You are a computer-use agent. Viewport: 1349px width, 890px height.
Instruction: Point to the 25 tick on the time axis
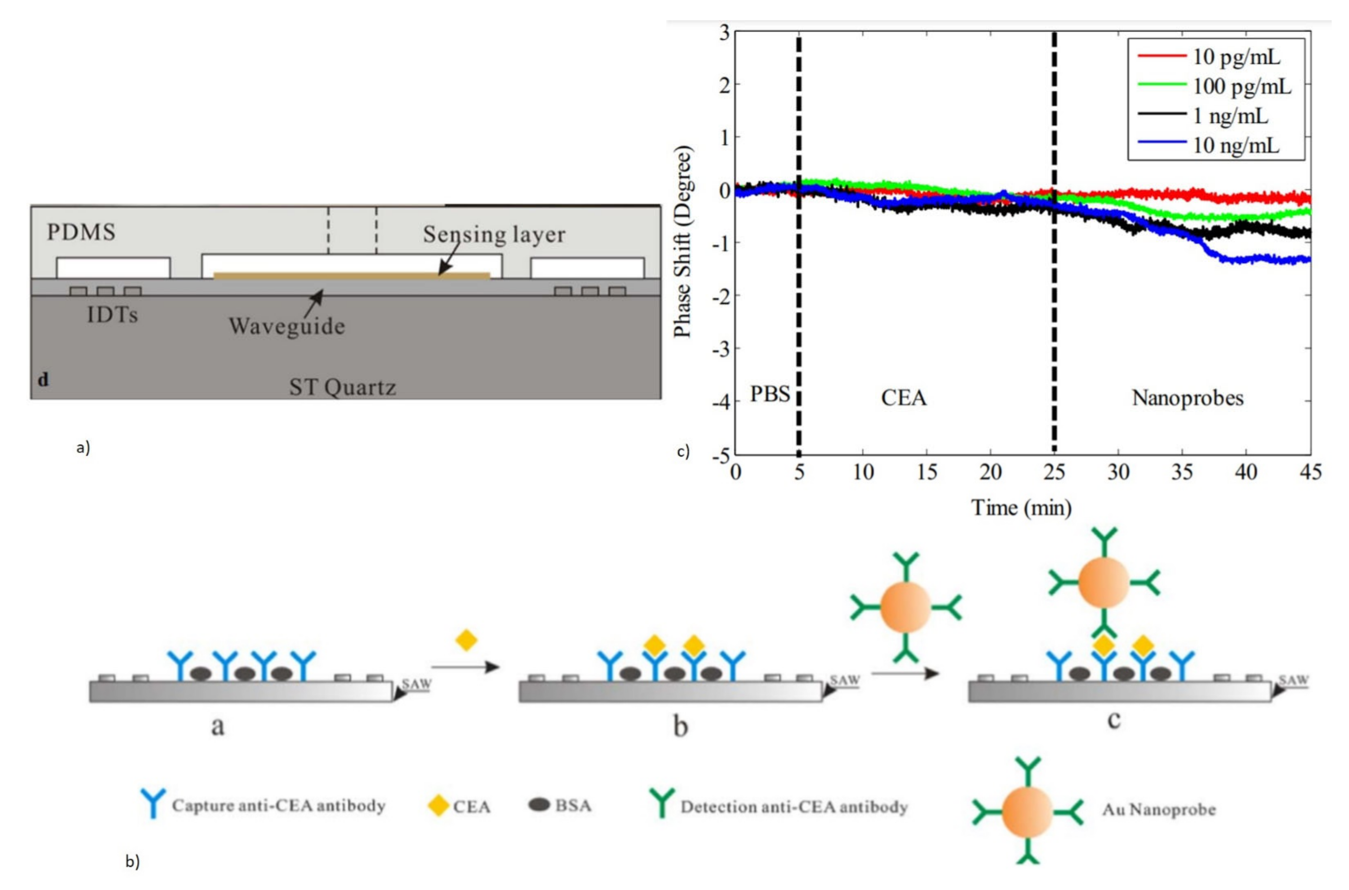[1054, 472]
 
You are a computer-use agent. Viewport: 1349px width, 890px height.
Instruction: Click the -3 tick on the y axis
[721, 347]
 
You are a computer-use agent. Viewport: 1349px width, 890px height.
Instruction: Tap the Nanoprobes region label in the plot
[1188, 398]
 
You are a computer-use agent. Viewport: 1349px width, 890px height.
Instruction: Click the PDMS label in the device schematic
[81, 232]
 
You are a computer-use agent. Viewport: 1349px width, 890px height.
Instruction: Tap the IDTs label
[112, 314]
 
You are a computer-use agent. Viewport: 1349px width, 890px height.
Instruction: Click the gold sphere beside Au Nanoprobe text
[1027, 812]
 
